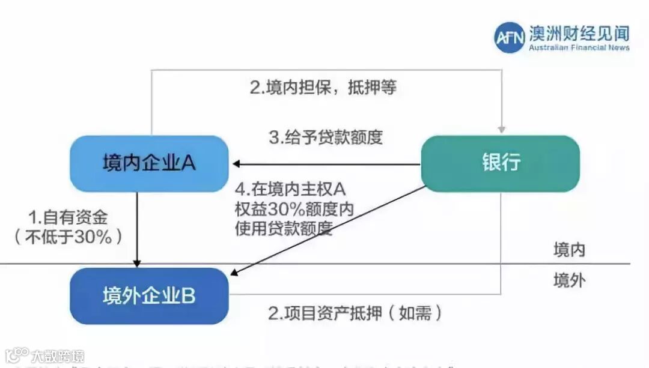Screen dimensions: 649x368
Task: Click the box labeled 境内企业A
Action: click(x=149, y=163)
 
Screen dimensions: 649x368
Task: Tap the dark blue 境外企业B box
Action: click(x=149, y=296)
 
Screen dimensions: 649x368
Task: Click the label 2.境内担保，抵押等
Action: click(x=323, y=88)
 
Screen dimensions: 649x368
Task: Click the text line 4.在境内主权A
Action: click(x=290, y=190)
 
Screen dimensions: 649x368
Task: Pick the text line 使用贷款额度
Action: click(x=284, y=228)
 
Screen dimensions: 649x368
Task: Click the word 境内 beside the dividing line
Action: click(x=568, y=249)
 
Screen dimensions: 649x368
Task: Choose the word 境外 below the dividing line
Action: click(x=568, y=280)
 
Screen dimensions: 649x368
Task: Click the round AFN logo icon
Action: click(x=510, y=37)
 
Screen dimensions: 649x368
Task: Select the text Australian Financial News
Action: click(x=579, y=47)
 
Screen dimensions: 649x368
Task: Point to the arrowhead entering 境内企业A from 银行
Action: click(x=237, y=164)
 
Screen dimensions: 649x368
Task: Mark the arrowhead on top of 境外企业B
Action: click(x=137, y=264)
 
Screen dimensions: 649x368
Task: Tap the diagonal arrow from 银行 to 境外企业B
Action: click(x=328, y=231)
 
